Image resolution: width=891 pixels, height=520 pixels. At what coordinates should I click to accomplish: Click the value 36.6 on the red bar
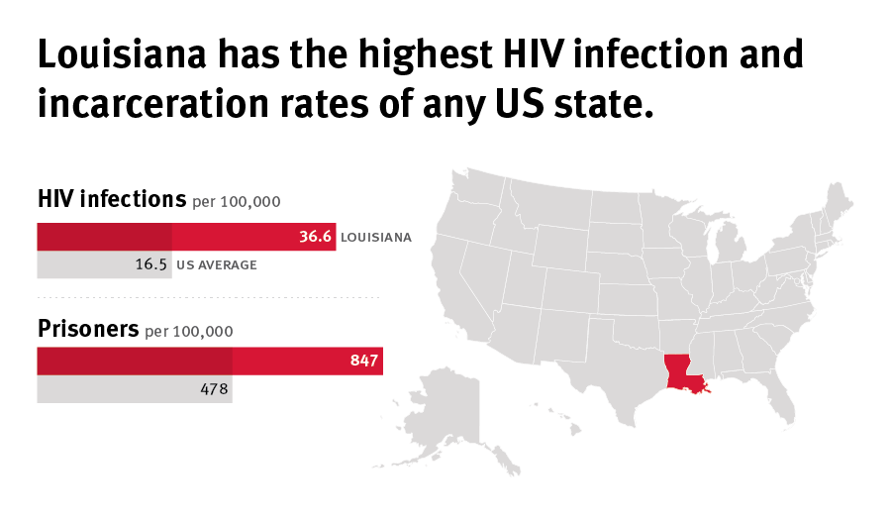[x=315, y=238]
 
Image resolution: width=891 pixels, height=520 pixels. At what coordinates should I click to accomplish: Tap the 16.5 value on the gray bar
[x=152, y=265]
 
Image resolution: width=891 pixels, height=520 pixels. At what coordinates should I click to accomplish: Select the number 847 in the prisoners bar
[x=364, y=362]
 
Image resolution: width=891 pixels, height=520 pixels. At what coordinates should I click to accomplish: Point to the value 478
[x=214, y=389]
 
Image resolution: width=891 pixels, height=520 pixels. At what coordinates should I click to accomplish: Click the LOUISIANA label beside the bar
[x=375, y=238]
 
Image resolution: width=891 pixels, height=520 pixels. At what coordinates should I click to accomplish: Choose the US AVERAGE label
[x=217, y=265]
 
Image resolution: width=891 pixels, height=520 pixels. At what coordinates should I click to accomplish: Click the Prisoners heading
[x=88, y=329]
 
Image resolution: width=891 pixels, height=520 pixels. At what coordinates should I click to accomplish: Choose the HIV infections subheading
[x=111, y=199]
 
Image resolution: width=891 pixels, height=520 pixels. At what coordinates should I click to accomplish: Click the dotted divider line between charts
[x=208, y=297]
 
